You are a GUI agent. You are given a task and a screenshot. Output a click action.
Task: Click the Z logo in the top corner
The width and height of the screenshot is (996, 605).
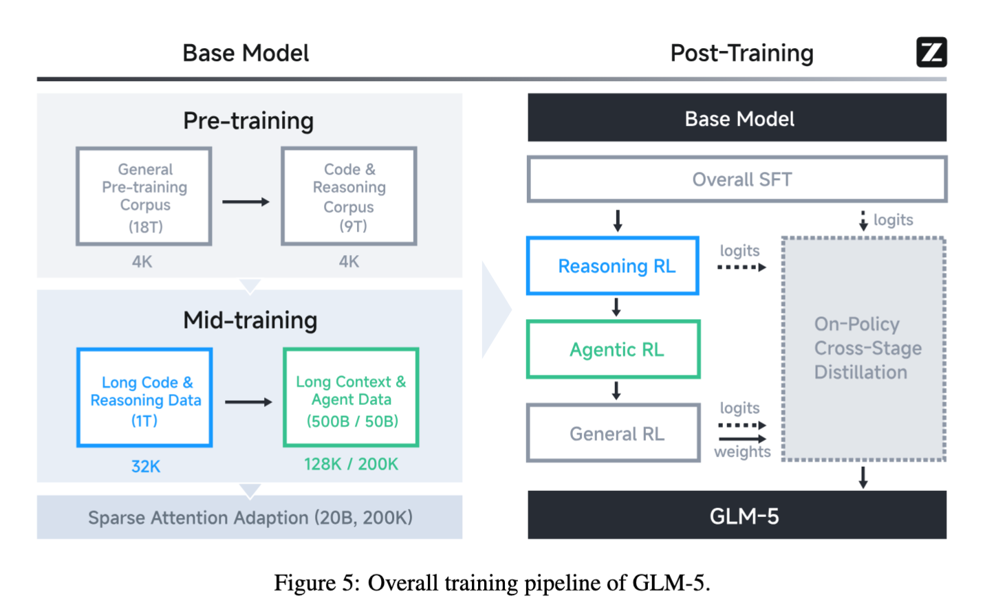click(931, 52)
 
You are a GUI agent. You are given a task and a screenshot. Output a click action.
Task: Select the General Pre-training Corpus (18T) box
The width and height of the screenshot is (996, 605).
click(144, 197)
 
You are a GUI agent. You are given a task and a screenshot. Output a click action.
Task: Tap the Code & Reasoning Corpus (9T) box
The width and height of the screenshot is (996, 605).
click(349, 197)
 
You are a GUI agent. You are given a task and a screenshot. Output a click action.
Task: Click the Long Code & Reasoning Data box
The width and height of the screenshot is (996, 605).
click(144, 398)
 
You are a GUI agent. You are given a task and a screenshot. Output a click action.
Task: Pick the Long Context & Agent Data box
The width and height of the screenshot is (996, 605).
click(351, 398)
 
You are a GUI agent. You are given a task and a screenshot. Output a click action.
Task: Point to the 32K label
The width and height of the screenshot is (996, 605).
click(146, 466)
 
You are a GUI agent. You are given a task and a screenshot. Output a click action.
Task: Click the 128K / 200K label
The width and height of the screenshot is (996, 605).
click(351, 464)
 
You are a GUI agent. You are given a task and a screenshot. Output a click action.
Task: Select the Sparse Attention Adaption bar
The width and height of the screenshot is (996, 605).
click(250, 517)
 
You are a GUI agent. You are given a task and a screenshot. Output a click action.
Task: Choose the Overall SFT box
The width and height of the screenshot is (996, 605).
click(737, 179)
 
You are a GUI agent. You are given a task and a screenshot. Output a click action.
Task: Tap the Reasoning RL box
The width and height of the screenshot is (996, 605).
click(613, 266)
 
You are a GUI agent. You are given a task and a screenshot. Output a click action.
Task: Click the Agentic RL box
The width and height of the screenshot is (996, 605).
click(613, 349)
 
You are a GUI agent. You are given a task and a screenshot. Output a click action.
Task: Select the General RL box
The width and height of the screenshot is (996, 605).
click(613, 433)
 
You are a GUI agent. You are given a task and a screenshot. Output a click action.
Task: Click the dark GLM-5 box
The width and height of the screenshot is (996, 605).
click(737, 515)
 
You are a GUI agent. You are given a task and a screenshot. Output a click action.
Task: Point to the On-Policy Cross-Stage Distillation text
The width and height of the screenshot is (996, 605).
click(867, 348)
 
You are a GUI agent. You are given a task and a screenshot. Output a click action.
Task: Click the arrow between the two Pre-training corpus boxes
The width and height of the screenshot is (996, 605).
click(246, 202)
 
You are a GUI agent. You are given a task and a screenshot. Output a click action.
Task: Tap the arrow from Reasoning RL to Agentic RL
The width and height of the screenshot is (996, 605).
click(616, 307)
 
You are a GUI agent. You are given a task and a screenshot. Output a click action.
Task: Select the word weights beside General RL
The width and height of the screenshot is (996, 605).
click(742, 452)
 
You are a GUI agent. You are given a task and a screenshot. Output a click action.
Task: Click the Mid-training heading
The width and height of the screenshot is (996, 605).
click(250, 320)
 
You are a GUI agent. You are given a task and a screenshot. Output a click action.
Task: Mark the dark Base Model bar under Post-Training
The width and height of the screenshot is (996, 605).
click(737, 118)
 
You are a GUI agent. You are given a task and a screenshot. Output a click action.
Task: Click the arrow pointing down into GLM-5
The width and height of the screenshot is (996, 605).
click(863, 477)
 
